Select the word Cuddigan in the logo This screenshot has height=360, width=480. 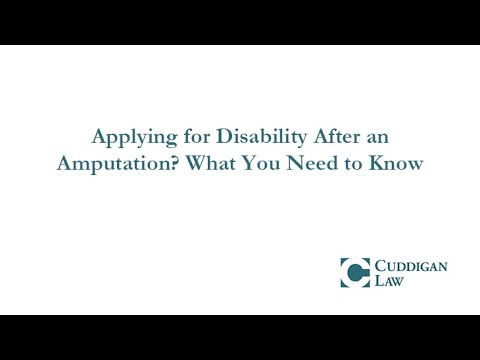[408, 265]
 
